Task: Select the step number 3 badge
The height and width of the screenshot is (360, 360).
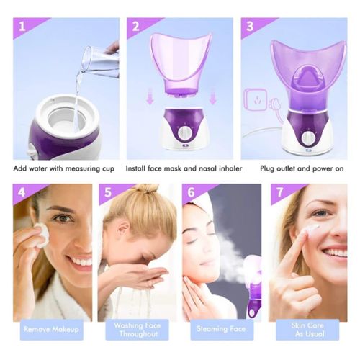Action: (250, 29)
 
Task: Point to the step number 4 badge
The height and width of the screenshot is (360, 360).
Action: (22, 194)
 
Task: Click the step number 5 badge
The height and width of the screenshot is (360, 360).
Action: (108, 194)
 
